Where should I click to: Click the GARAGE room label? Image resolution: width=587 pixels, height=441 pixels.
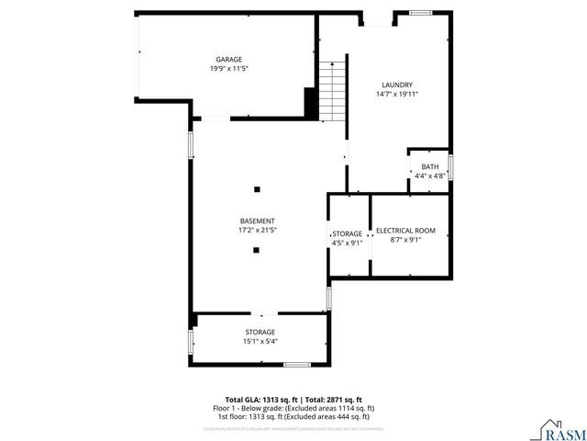click(228, 59)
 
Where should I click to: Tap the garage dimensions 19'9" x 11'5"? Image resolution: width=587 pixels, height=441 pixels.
click(228, 68)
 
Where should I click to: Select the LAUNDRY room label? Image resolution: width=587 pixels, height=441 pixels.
click(396, 84)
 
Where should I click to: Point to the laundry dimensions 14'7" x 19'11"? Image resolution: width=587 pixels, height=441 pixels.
click(396, 94)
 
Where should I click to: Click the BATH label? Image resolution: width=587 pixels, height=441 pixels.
click(430, 166)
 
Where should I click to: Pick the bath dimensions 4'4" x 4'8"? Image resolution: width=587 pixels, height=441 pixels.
click(430, 175)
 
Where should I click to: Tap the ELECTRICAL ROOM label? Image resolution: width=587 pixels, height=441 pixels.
click(405, 230)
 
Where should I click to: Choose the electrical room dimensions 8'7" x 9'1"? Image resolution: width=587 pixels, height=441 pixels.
click(405, 240)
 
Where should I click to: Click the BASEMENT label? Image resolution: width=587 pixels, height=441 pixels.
click(258, 220)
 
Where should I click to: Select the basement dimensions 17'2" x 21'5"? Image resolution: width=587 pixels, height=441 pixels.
click(258, 231)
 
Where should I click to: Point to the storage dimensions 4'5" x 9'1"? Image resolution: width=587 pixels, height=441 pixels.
click(347, 243)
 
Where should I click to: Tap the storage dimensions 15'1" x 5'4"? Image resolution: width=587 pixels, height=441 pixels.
click(260, 341)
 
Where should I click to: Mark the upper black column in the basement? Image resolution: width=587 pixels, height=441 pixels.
click(257, 189)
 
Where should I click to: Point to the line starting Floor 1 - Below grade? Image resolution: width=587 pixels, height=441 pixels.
click(293, 408)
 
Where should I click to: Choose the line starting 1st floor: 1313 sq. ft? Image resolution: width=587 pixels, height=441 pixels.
click(293, 415)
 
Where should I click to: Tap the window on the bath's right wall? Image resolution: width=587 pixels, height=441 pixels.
click(450, 168)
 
